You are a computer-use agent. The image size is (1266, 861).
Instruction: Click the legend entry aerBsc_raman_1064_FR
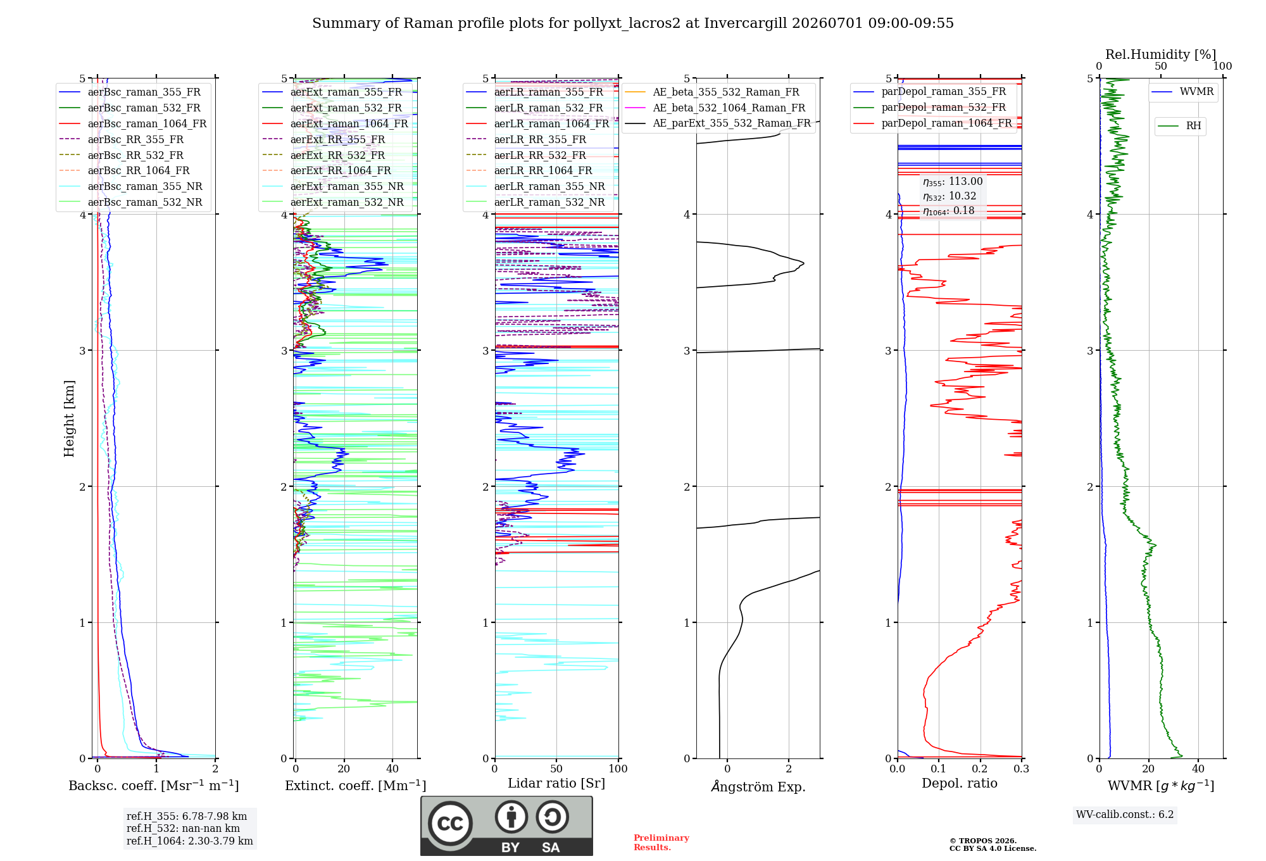pos(133,123)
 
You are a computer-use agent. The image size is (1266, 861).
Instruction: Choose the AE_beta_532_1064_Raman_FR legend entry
pos(715,108)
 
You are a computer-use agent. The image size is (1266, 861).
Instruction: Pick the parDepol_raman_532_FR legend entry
pos(930,107)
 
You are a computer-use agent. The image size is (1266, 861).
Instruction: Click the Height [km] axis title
pos(69,418)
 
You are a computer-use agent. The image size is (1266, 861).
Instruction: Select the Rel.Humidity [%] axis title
pos(1160,54)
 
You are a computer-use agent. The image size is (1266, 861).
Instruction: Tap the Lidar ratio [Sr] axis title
pos(556,783)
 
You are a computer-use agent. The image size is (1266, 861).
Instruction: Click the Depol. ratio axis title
pos(959,783)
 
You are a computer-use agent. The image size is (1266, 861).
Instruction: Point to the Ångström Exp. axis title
pos(758,786)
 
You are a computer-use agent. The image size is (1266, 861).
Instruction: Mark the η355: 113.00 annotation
pos(953,182)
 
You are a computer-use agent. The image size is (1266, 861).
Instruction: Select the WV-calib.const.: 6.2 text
pos(1125,815)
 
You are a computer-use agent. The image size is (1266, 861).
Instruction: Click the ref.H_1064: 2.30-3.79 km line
pos(189,841)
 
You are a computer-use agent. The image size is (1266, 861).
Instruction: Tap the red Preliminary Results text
pos(661,843)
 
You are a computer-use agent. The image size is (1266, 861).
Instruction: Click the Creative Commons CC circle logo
pos(450,823)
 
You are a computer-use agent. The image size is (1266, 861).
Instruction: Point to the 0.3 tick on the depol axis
pos(1021,769)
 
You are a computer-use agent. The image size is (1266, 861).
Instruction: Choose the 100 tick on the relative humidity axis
pos(1222,66)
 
